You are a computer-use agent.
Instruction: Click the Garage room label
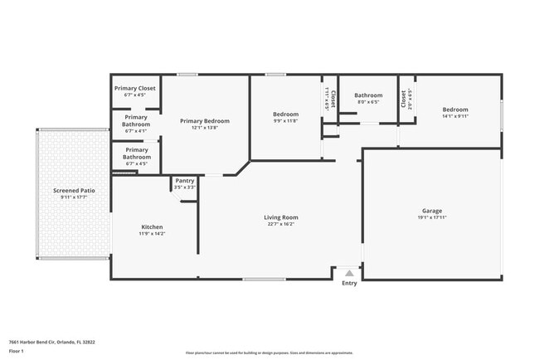point(431,212)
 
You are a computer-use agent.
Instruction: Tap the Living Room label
point(281,217)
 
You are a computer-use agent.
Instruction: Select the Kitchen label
point(152,226)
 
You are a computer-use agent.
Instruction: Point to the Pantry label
point(185,181)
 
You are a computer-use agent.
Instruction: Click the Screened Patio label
point(74,191)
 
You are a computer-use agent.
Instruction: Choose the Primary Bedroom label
point(205,121)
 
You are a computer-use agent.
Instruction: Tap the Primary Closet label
point(135,87)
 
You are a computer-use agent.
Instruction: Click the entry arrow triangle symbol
point(349,272)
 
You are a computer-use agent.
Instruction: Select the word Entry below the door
point(349,284)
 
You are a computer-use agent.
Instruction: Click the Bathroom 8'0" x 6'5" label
point(367,95)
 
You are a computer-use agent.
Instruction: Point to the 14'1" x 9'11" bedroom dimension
point(455,117)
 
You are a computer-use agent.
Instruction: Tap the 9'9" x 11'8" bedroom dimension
point(285,121)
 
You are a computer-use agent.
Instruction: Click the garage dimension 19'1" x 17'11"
point(431,219)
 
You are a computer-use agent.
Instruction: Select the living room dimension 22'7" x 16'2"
point(281,224)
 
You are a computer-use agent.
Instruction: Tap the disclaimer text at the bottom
point(269,352)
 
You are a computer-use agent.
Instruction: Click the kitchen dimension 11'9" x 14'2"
point(152,234)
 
